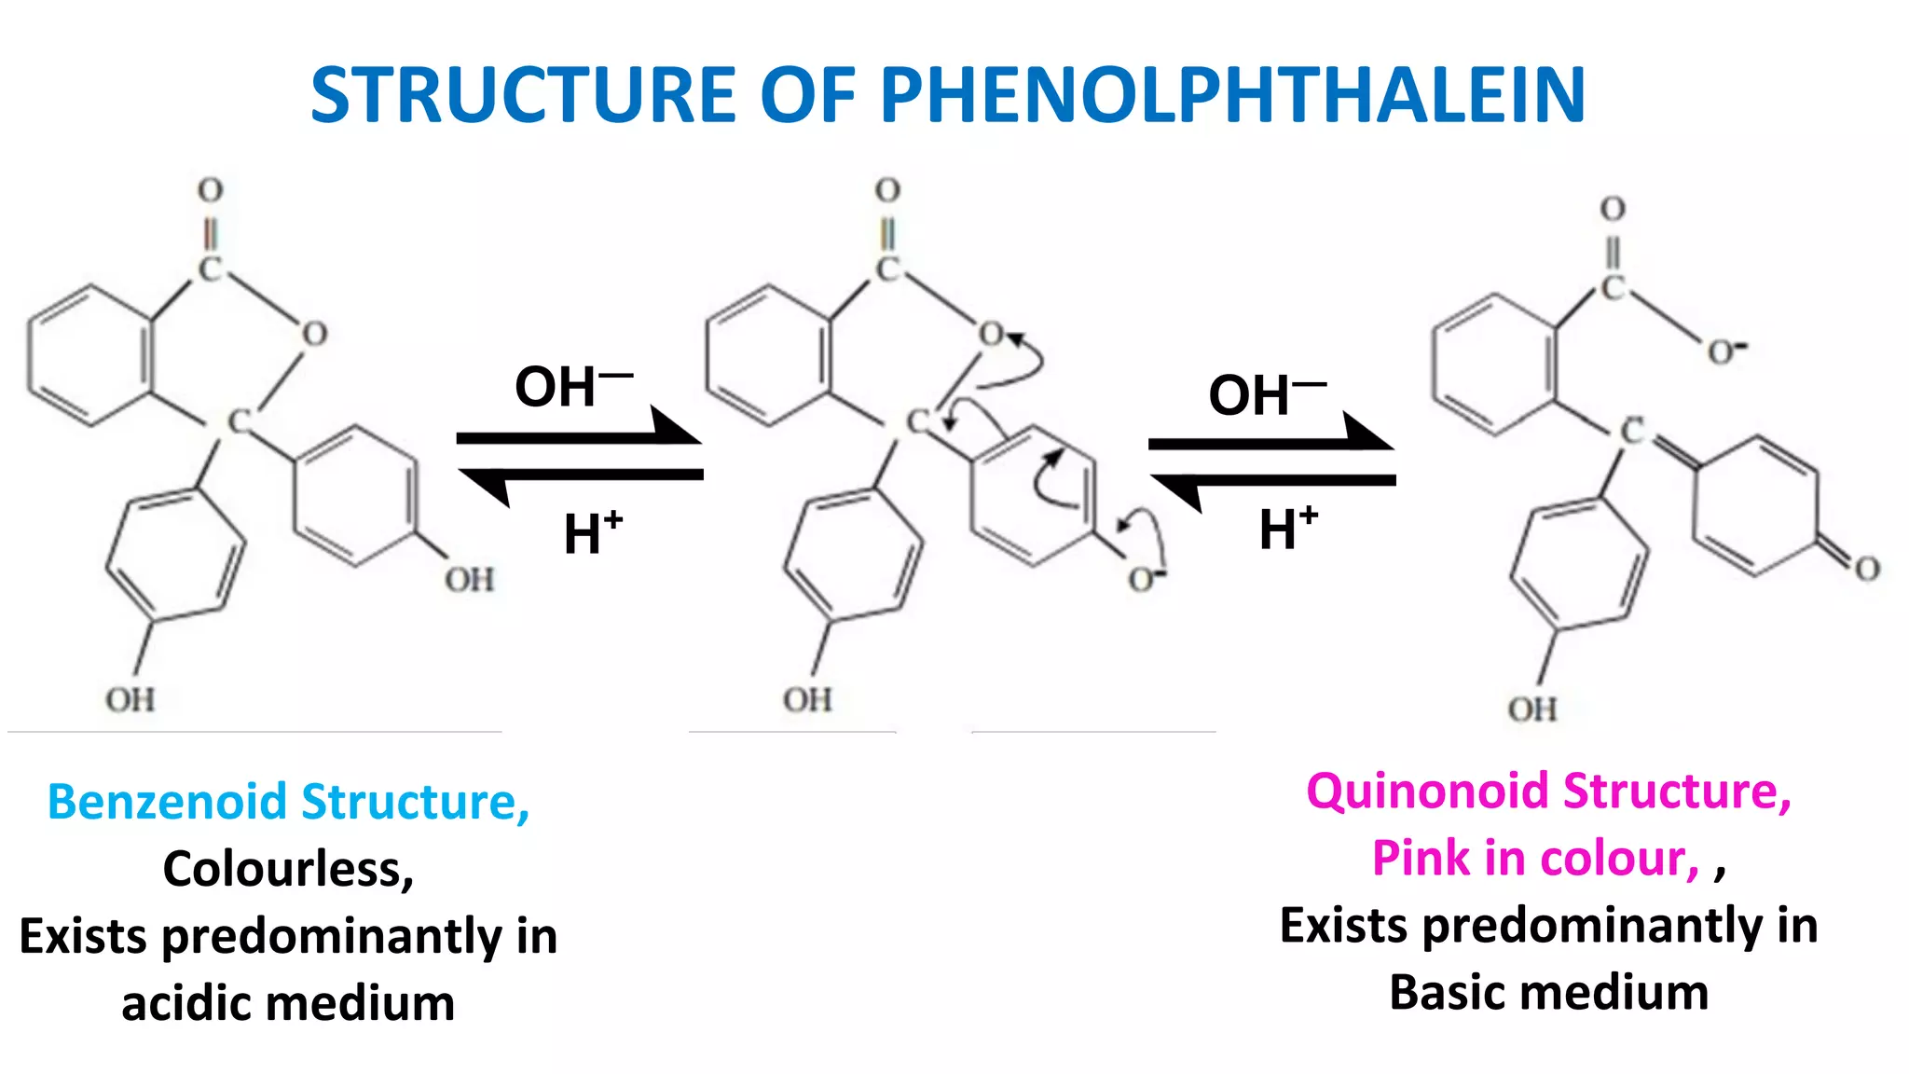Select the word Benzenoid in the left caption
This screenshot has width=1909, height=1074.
pyautogui.click(x=167, y=802)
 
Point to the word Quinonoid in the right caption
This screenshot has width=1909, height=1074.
pyautogui.click(x=1427, y=792)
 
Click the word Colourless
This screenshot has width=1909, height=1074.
pyautogui.click(x=288, y=869)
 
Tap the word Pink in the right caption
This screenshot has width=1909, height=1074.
pyautogui.click(x=1421, y=858)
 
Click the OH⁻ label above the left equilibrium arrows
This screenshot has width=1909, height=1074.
pyautogui.click(x=570, y=386)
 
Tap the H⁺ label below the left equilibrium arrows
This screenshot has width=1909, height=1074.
pyautogui.click(x=592, y=532)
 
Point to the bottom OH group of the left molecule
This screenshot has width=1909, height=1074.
pyautogui.click(x=130, y=699)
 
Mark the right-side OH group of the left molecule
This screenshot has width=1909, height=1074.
pyautogui.click(x=469, y=580)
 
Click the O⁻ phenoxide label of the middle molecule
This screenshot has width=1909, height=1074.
pyautogui.click(x=1145, y=579)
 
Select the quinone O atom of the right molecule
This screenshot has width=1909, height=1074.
pyautogui.click(x=1866, y=569)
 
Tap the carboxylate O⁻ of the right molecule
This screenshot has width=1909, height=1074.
pyautogui.click(x=1725, y=351)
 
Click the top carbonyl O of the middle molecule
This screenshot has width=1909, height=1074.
pyautogui.click(x=887, y=190)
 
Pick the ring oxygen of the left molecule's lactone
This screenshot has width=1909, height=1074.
pyautogui.click(x=314, y=333)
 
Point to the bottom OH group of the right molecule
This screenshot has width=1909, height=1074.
pyautogui.click(x=1532, y=709)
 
